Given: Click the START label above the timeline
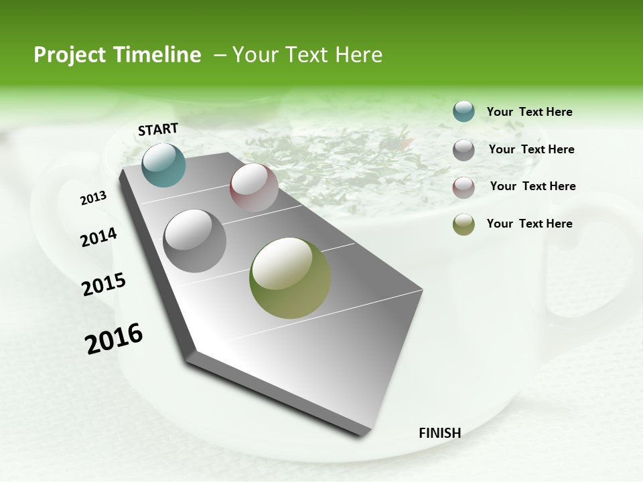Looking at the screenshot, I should (158, 129).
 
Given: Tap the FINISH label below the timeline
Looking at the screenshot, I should (439, 433).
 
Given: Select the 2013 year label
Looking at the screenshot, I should (93, 198).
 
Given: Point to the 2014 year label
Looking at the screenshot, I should (98, 238).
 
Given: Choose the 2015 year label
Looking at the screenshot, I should (104, 284).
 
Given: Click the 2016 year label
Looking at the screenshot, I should (114, 339).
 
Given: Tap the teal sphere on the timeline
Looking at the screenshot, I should (163, 165).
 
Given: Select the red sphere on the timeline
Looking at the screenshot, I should (254, 187).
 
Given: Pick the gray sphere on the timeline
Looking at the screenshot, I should (195, 241).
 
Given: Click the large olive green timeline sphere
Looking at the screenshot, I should (290, 278).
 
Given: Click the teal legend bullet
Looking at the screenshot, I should (463, 112).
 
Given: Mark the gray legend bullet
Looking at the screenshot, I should (463, 150).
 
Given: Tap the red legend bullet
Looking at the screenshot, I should (463, 187).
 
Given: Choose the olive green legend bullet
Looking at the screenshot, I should (463, 224).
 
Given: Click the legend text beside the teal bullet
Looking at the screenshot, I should (529, 112).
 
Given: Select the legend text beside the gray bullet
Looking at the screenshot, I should (531, 149).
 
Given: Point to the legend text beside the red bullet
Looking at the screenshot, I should (532, 186).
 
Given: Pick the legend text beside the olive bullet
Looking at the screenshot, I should (529, 224).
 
